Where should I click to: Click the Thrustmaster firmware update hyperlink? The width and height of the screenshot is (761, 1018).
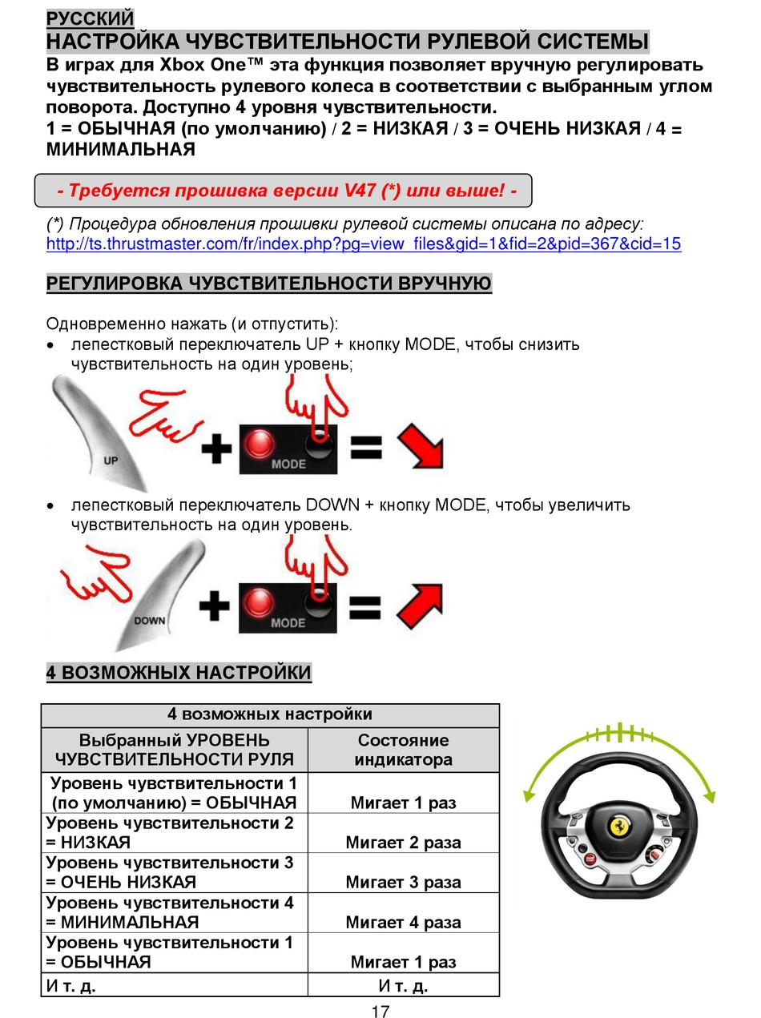pos(364,244)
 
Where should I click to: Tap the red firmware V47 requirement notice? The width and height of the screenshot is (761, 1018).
pos(287,191)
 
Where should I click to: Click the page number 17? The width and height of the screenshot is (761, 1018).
pos(380,1011)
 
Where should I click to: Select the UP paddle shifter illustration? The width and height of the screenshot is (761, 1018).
pos(101,433)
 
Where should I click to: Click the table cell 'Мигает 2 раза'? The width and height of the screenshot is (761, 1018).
pos(403,842)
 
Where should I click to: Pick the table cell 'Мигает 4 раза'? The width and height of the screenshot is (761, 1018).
pos(403,922)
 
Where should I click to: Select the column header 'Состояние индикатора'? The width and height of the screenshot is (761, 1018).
pos(403,750)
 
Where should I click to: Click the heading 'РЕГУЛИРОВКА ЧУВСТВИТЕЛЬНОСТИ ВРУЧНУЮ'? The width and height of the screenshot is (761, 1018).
pos(269,284)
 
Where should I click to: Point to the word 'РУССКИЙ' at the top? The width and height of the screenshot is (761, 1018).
pos(90,18)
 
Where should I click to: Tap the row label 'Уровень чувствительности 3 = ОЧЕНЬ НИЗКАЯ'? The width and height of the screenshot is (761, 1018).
pos(170,872)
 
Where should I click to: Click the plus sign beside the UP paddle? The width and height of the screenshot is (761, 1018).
pos(215,448)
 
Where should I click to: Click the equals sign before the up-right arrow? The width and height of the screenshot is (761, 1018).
pos(365,606)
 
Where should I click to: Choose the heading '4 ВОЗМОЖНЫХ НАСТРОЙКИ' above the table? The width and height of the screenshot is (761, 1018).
pos(179,672)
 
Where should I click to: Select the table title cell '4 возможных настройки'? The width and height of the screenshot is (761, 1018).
pos(270,714)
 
